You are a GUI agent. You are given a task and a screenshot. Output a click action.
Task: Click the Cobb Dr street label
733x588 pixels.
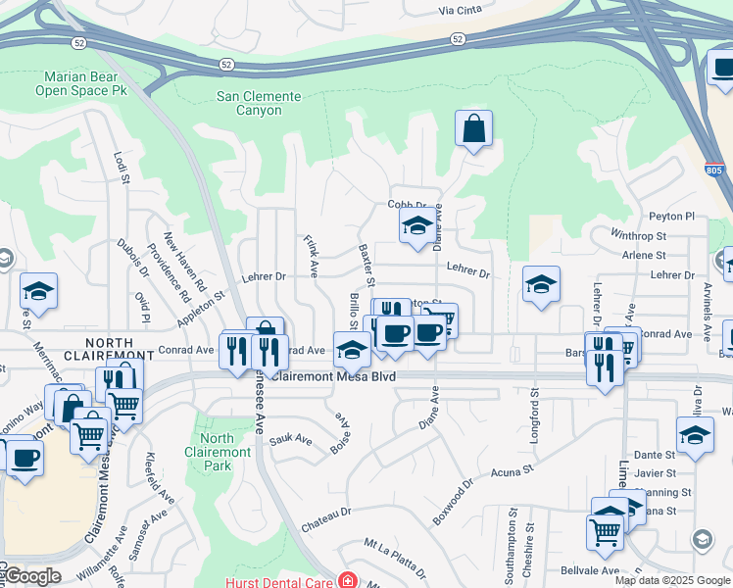(406, 205)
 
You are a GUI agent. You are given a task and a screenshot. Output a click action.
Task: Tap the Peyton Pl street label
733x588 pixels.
(671, 217)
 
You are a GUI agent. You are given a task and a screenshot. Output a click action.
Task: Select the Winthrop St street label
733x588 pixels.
(638, 236)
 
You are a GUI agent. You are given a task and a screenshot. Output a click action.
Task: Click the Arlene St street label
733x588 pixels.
(644, 255)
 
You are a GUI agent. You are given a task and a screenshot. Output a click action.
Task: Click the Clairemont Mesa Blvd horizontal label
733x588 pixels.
(334, 375)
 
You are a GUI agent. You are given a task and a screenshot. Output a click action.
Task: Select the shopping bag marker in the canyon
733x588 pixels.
(473, 128)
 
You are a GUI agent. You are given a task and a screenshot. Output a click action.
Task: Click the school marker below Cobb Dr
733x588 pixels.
(416, 226)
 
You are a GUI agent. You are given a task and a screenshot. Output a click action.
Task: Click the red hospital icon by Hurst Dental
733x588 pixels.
(345, 580)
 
